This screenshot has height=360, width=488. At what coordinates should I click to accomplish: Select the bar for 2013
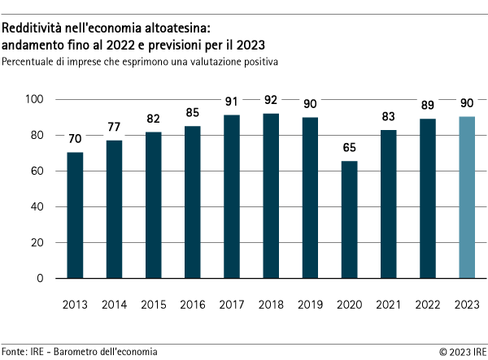click(x=75, y=215)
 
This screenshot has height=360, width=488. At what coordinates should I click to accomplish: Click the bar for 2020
click(x=349, y=219)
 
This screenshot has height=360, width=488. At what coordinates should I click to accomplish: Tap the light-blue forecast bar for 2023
click(x=467, y=197)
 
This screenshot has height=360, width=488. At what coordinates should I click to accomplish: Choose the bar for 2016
click(x=192, y=202)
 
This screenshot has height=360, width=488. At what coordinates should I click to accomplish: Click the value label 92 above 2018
click(x=271, y=101)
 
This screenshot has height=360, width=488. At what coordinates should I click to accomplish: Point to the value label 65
click(x=349, y=149)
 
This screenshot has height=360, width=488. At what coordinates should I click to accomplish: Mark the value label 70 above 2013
click(x=75, y=140)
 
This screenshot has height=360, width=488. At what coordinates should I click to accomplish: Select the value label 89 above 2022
click(x=428, y=106)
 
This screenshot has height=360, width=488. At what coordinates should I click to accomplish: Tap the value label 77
click(x=114, y=128)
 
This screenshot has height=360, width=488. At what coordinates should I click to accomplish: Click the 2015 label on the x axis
click(x=153, y=305)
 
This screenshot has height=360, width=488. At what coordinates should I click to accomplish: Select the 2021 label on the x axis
click(x=388, y=305)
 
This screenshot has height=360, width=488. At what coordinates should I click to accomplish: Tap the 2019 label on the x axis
click(x=310, y=305)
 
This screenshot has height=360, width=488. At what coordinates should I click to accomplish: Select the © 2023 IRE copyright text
click(x=462, y=351)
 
